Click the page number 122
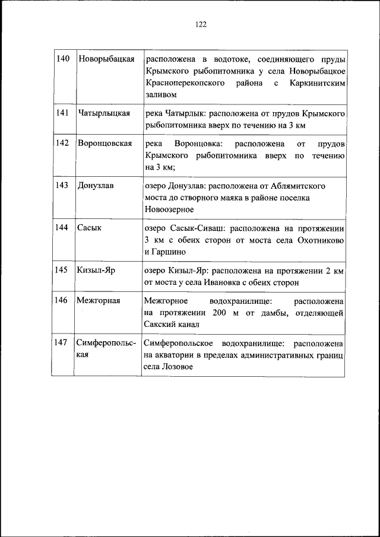(x=200, y=24)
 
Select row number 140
(x=63, y=59)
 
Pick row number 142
(x=63, y=144)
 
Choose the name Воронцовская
(x=104, y=144)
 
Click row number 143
(x=63, y=186)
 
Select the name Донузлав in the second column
(x=96, y=186)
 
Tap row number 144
(x=63, y=228)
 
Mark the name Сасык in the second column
(x=89, y=228)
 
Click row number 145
(x=63, y=270)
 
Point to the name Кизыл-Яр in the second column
(x=96, y=270)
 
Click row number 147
(x=63, y=343)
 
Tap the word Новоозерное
(x=169, y=209)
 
